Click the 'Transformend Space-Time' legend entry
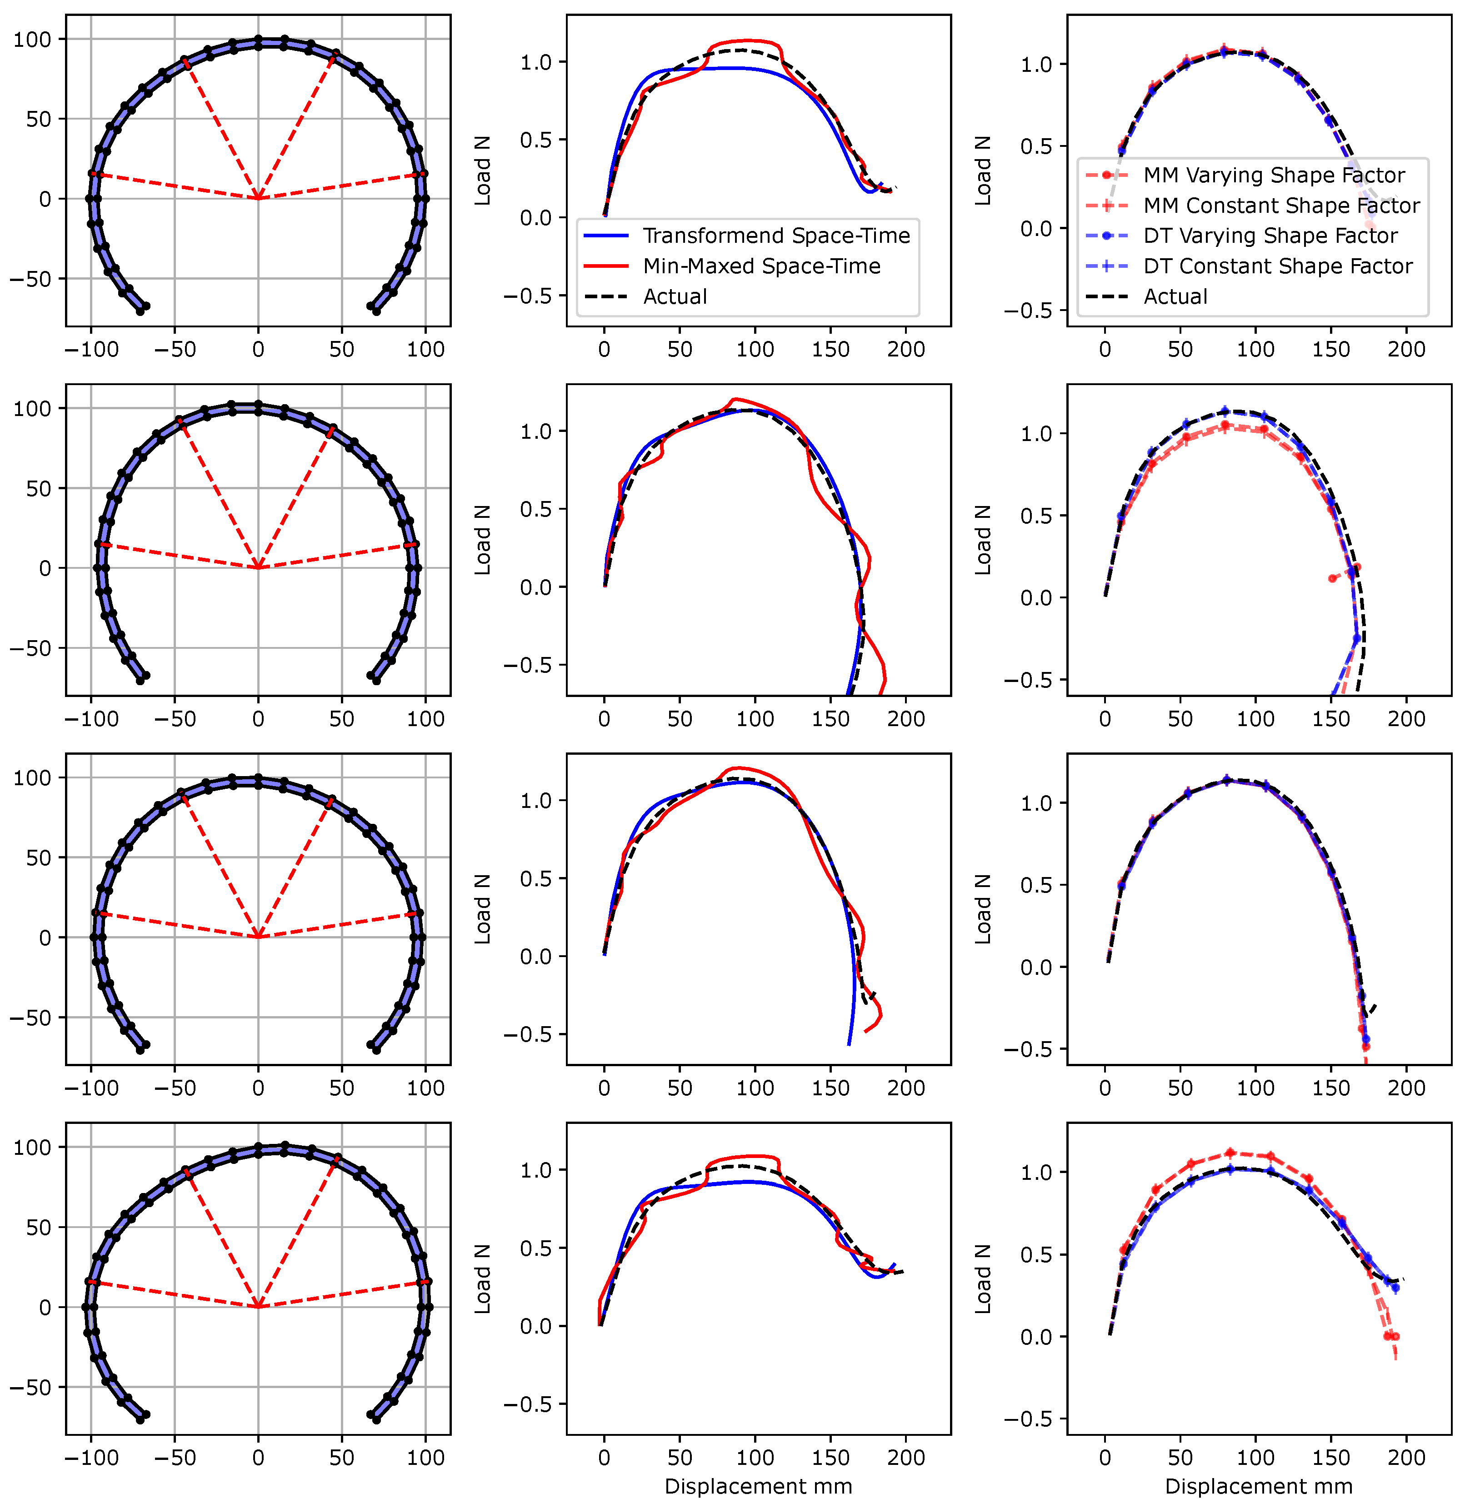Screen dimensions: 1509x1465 (x=776, y=236)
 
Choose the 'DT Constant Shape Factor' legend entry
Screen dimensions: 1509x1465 (x=1277, y=266)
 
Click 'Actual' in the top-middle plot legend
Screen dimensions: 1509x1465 (x=675, y=296)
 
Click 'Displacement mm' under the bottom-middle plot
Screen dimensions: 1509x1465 (x=758, y=1486)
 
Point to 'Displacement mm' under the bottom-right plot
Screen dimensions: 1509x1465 (x=1259, y=1486)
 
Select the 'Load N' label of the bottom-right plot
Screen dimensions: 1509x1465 (x=983, y=1279)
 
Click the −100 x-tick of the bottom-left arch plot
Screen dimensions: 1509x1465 (x=91, y=1458)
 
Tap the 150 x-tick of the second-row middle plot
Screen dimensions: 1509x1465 (x=830, y=719)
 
